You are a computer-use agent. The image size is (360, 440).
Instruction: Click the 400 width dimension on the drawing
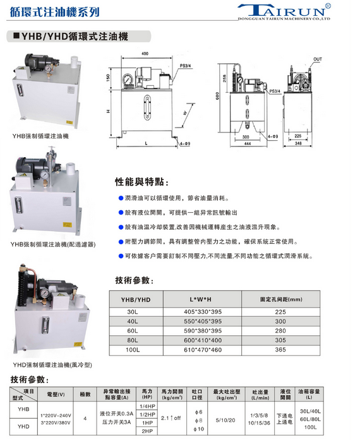145,54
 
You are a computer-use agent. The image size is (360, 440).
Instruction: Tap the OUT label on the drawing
317,59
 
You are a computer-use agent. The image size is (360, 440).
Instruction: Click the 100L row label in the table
132,350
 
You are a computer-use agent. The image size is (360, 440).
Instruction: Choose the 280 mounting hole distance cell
280,331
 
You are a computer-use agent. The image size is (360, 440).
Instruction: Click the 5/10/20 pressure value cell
225,420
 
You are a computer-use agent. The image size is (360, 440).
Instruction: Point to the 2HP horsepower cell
147,431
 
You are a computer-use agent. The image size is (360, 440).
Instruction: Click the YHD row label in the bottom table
23,426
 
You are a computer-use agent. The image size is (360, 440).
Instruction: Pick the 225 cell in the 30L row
280,312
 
